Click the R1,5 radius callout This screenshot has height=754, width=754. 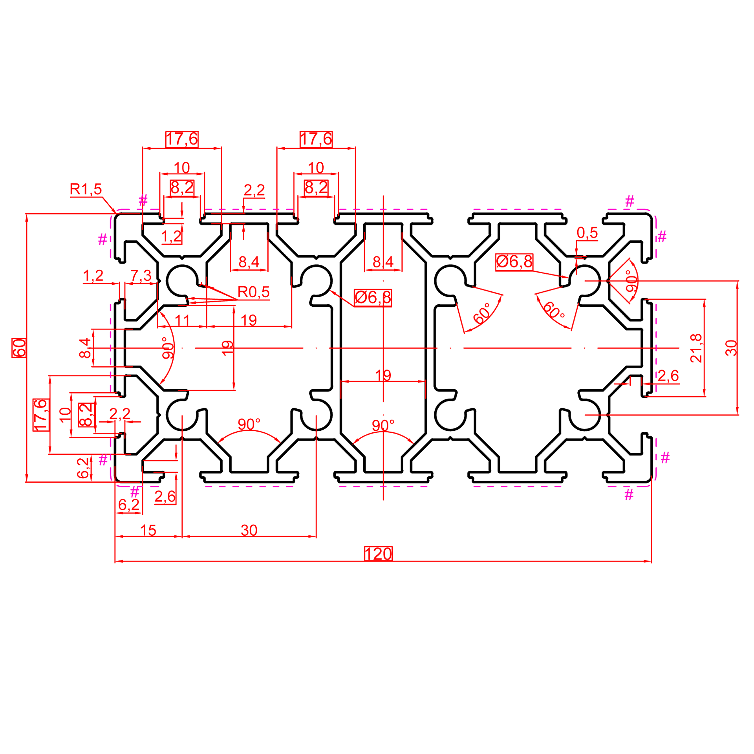[x=86, y=189]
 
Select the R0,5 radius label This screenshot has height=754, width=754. [x=254, y=292]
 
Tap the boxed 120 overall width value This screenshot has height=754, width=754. [x=378, y=554]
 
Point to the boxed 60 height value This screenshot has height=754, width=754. [x=19, y=348]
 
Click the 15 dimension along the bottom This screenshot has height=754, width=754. [x=148, y=530]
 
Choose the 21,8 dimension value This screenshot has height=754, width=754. [x=695, y=348]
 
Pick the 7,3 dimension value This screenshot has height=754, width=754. [x=141, y=275]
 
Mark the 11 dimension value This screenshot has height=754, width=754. [x=182, y=320]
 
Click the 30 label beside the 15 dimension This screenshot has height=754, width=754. [x=249, y=530]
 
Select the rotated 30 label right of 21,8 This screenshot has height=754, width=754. [x=731, y=348]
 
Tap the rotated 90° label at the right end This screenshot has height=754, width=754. [x=631, y=281]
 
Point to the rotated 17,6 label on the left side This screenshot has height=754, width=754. [x=41, y=415]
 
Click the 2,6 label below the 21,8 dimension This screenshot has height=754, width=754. [x=668, y=375]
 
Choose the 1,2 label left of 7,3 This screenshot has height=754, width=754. [x=93, y=275]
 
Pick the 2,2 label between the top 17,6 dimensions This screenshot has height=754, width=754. [x=254, y=190]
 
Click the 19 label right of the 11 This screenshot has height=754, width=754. [x=249, y=320]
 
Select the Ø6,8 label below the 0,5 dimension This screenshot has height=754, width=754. [x=514, y=262]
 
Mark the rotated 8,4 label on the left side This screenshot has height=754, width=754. [x=85, y=348]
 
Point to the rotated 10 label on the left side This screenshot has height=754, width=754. [x=65, y=415]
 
